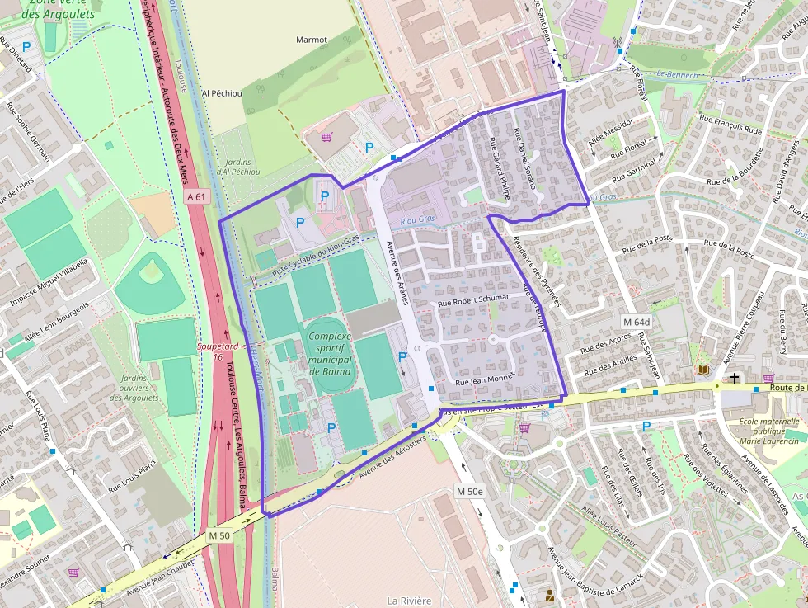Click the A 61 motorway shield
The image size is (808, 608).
coord(196,196)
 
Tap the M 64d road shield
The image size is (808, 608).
coord(637,322)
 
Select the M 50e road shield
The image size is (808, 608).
coord(470,491)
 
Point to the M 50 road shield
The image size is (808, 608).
coord(218,535)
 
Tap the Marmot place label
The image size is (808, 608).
coord(312,40)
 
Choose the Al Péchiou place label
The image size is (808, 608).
coord(222,94)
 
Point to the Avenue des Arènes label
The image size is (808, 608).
coord(397,273)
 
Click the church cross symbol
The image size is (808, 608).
coord(734,379)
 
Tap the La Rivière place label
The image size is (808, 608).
coord(410,601)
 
